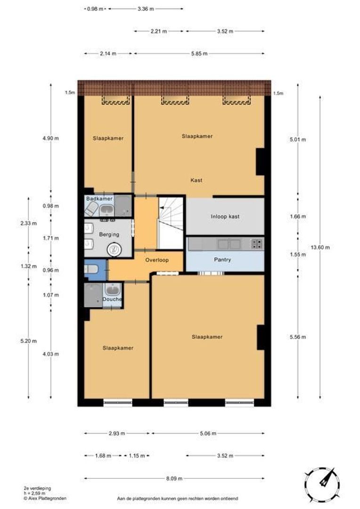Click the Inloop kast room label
coord(225,216)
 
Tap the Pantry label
coord(223,260)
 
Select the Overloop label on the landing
coord(157,260)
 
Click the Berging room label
coord(109,234)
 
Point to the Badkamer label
coord(99,198)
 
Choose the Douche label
coord(112,299)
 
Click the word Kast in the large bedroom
coord(196,180)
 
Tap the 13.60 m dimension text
coord(320,247)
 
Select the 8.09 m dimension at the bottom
coord(174,478)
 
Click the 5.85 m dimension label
coord(199,54)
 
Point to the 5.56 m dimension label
coord(298,337)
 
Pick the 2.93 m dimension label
coord(117,433)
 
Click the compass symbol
coord(322,484)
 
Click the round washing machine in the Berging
coord(114,249)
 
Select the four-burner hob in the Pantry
coord(256,244)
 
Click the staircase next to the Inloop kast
coord(171,222)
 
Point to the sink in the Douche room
coord(113,289)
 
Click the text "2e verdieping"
coord(37,488)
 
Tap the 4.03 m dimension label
coord(50,354)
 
